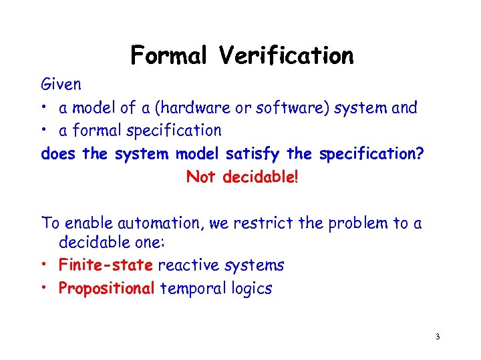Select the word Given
click(x=61, y=85)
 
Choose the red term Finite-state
click(x=106, y=265)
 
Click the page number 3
click(x=437, y=337)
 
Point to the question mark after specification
click(x=420, y=153)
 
